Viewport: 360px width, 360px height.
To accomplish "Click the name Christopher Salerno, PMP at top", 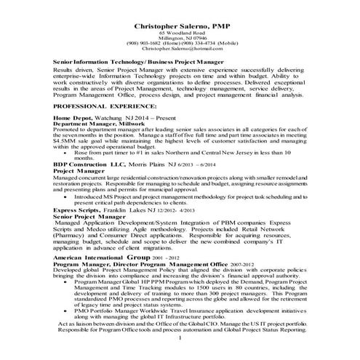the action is point(179,25).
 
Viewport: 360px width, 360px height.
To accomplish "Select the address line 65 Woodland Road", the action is point(179,33).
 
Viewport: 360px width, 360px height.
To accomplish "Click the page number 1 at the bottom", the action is point(179,338).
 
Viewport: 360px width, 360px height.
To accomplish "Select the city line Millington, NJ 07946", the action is point(179,39).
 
